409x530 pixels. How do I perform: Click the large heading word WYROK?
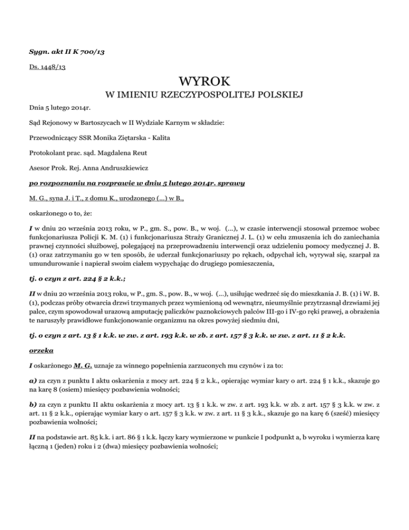204,83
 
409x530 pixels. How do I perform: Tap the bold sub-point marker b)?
33,396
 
